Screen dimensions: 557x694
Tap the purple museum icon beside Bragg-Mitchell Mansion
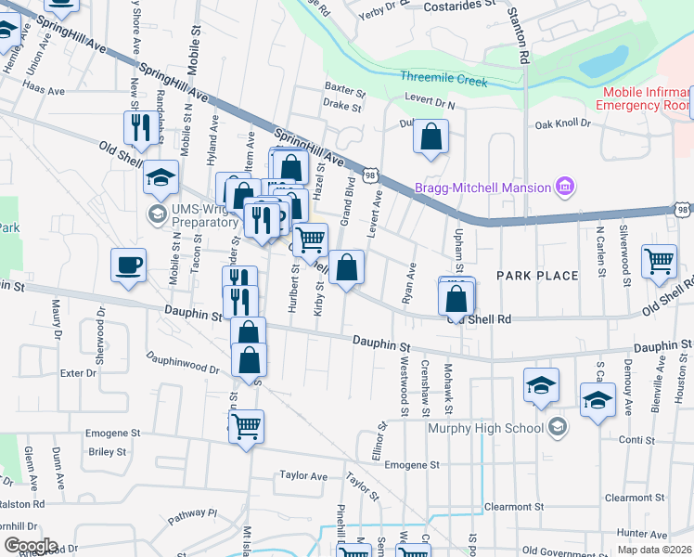pyautogui.click(x=563, y=188)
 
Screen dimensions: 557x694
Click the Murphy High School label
pyautogui.click(x=485, y=428)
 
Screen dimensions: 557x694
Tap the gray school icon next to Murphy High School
pyautogui.click(x=557, y=428)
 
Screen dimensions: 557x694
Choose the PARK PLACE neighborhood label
pyautogui.click(x=537, y=276)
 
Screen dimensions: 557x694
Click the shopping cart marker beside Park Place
pyautogui.click(x=659, y=260)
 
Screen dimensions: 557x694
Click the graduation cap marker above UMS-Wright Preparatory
pyautogui.click(x=161, y=175)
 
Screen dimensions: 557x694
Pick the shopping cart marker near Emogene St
pyautogui.click(x=246, y=426)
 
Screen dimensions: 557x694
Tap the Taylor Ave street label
pyautogui.click(x=304, y=476)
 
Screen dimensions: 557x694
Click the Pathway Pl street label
pyautogui.click(x=192, y=513)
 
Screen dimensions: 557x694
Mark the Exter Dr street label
pyautogui.click(x=78, y=373)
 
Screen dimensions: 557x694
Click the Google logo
pyautogui.click(x=30, y=546)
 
